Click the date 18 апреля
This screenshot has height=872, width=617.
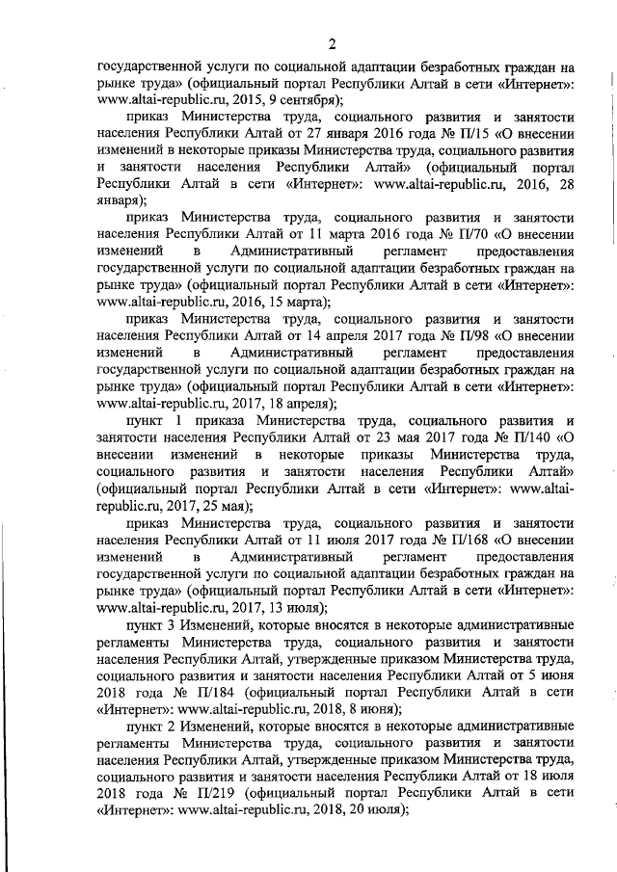click(x=292, y=403)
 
